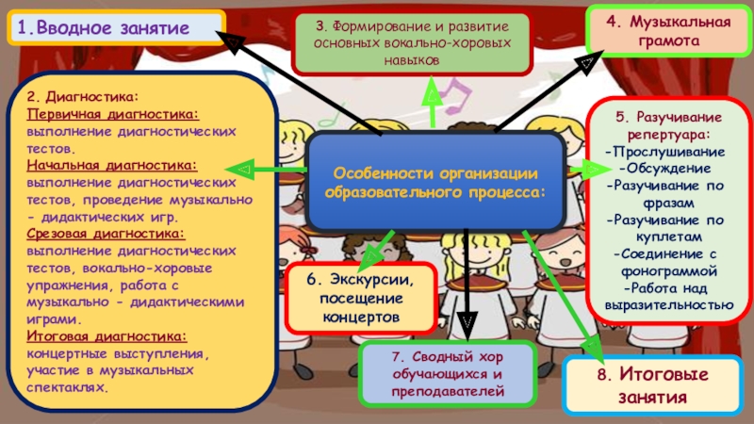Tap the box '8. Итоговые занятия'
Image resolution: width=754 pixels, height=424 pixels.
650,385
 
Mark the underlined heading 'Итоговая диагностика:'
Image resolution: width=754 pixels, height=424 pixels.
107,335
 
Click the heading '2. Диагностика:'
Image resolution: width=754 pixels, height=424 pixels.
82,96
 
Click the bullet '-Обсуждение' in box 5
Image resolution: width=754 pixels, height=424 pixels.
665,169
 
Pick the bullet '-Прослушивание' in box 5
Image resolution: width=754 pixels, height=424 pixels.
664,152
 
